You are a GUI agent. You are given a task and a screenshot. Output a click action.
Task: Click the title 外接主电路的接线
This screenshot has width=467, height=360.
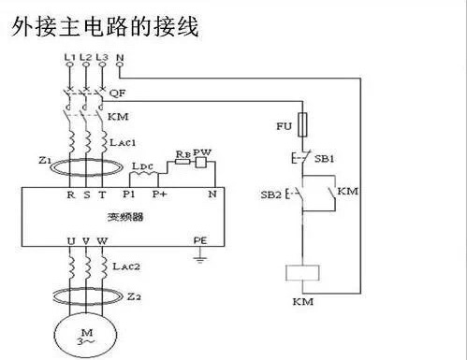(105, 25)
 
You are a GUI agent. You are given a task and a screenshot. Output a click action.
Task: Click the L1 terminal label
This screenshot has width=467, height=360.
(69, 58)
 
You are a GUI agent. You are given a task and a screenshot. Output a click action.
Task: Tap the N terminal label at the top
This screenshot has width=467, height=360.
(120, 58)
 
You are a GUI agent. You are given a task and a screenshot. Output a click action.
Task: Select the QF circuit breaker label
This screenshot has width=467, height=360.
(117, 94)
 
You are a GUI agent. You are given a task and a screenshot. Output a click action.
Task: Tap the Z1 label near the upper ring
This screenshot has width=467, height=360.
(45, 161)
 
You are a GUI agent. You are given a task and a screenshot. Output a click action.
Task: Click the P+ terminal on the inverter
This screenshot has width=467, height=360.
(160, 195)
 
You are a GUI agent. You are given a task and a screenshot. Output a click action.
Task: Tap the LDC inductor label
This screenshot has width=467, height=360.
(143, 166)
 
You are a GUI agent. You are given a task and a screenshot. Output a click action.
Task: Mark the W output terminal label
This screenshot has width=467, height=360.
(103, 240)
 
